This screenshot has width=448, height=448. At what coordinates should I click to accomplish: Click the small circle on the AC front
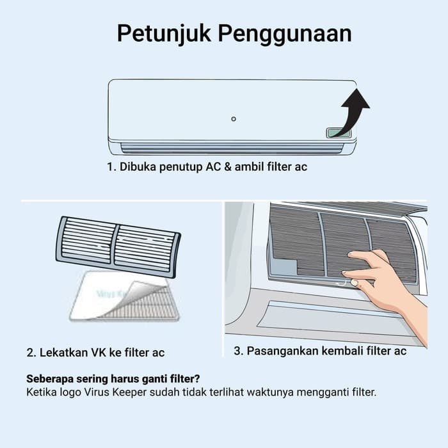[234, 119]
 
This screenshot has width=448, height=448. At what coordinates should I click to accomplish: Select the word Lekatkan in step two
[66, 353]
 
